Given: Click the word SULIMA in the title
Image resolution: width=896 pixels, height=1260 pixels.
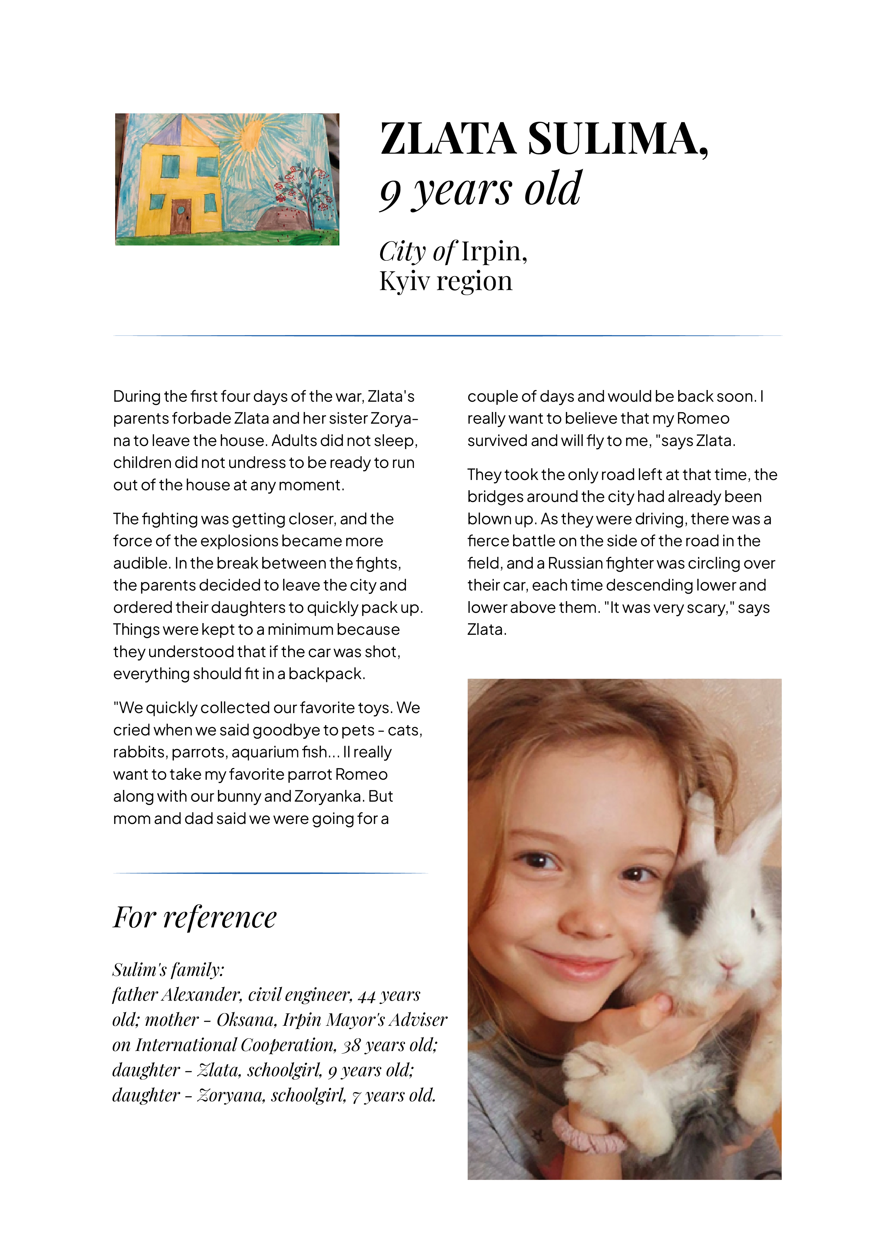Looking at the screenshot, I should pos(617,139).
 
